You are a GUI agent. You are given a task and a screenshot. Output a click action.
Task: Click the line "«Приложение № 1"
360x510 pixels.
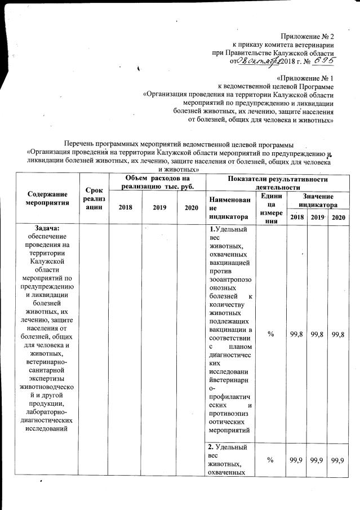tap(306, 78)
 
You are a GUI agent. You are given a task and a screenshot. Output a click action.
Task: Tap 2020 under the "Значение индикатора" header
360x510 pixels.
tap(338, 217)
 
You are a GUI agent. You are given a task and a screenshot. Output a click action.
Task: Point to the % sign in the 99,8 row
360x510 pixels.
tap(271, 334)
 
